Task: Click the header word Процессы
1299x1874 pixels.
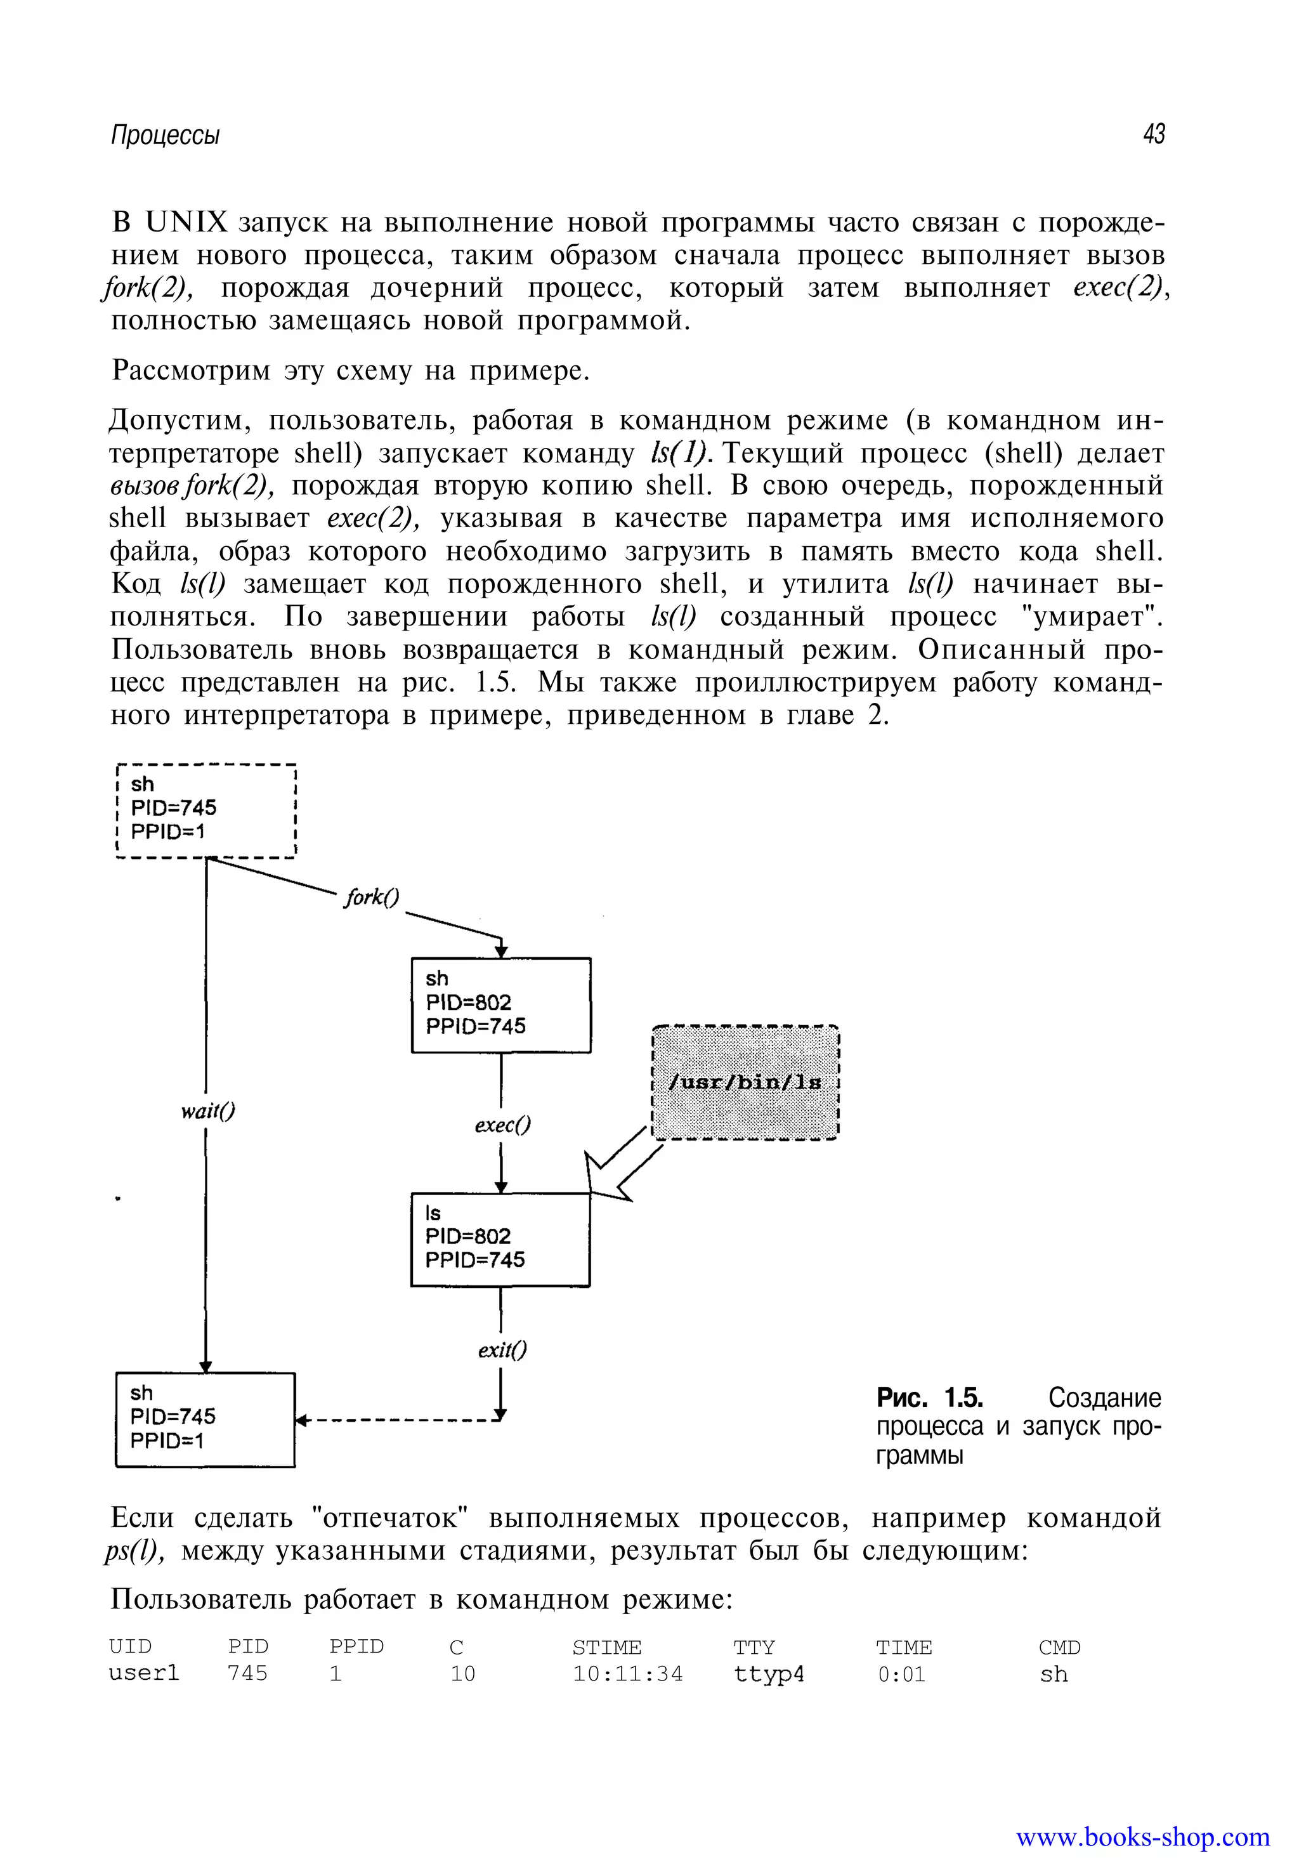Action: pos(165,134)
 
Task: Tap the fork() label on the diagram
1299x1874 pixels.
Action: pos(372,896)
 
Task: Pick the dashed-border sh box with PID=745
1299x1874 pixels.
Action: pos(207,809)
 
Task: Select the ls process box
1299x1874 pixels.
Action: pos(500,1238)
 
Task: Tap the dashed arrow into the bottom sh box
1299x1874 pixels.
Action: pos(399,1420)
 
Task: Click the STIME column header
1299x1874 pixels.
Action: pos(606,1647)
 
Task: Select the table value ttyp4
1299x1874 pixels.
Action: pos(768,1674)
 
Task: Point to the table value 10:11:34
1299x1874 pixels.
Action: pos(627,1674)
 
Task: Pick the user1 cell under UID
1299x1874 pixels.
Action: pos(144,1673)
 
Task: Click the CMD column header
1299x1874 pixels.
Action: pos(1059,1647)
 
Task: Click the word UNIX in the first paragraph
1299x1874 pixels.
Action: pos(186,221)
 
